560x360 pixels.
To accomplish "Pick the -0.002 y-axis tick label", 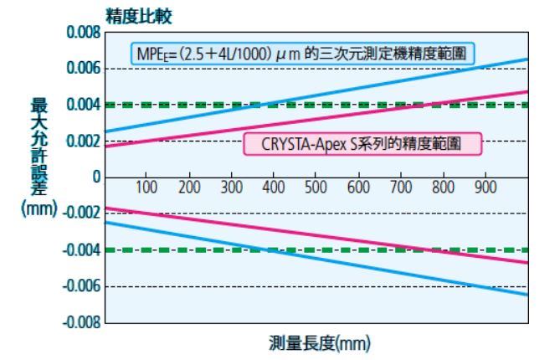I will pos(75,213).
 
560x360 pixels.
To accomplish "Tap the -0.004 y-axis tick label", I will pos(75,249).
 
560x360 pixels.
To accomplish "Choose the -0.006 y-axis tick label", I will pos(75,286).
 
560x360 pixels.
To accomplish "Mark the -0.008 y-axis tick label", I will pos(75,322).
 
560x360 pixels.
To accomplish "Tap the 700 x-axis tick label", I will pos(400,186).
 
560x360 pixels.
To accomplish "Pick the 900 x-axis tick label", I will pos(485,186).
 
